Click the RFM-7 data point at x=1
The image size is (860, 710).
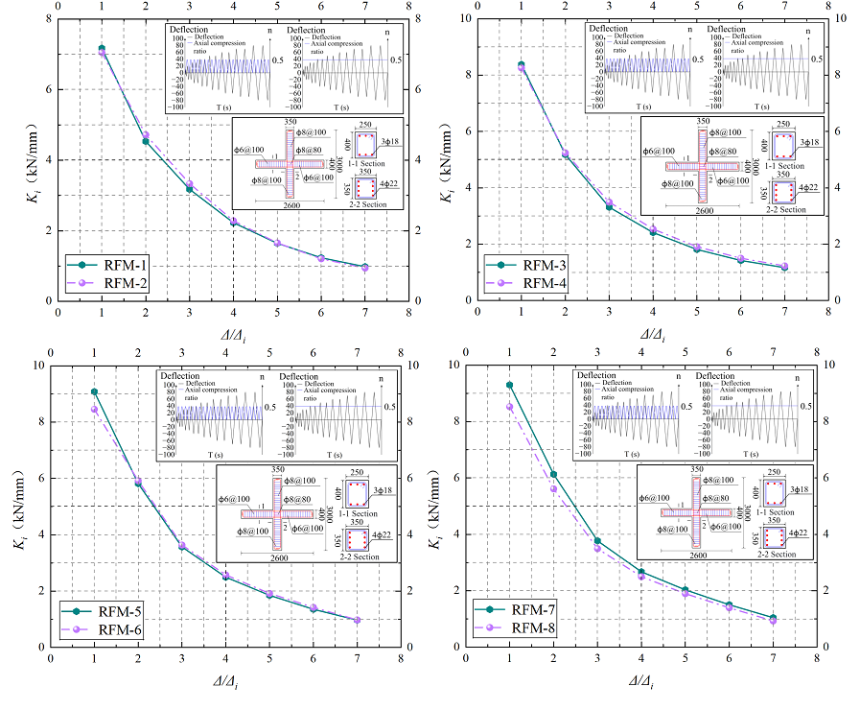tap(510, 385)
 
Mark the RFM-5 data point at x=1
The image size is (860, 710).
tap(94, 391)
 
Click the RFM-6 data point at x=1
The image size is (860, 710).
tap(94, 410)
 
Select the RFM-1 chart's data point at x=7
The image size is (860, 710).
tap(364, 267)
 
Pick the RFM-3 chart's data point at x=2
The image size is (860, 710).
tap(565, 154)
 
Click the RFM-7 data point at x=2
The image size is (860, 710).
tap(553, 474)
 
